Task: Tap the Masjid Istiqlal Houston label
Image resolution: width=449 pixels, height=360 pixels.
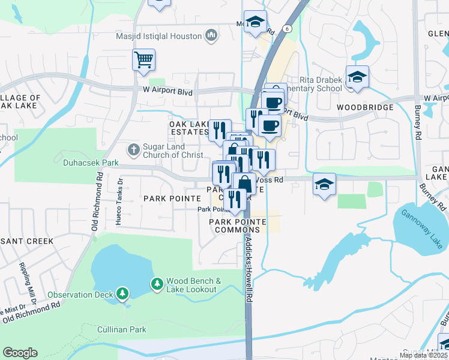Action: tap(159, 36)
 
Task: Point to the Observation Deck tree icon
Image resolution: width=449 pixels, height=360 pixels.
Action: tap(122, 293)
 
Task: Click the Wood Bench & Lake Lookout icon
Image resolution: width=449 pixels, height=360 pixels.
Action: tap(157, 283)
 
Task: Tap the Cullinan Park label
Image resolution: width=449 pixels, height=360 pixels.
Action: tap(122, 329)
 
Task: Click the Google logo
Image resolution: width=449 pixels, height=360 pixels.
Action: tap(20, 353)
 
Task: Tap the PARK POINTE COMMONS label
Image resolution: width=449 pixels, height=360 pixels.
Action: tap(237, 226)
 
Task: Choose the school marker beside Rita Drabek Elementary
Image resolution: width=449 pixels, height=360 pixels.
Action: tap(357, 77)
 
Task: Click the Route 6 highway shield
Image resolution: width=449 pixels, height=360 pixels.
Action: tap(288, 28)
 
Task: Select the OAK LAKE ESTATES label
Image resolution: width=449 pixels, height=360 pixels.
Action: tap(189, 128)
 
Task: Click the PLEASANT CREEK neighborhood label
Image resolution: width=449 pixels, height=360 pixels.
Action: tap(27, 241)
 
